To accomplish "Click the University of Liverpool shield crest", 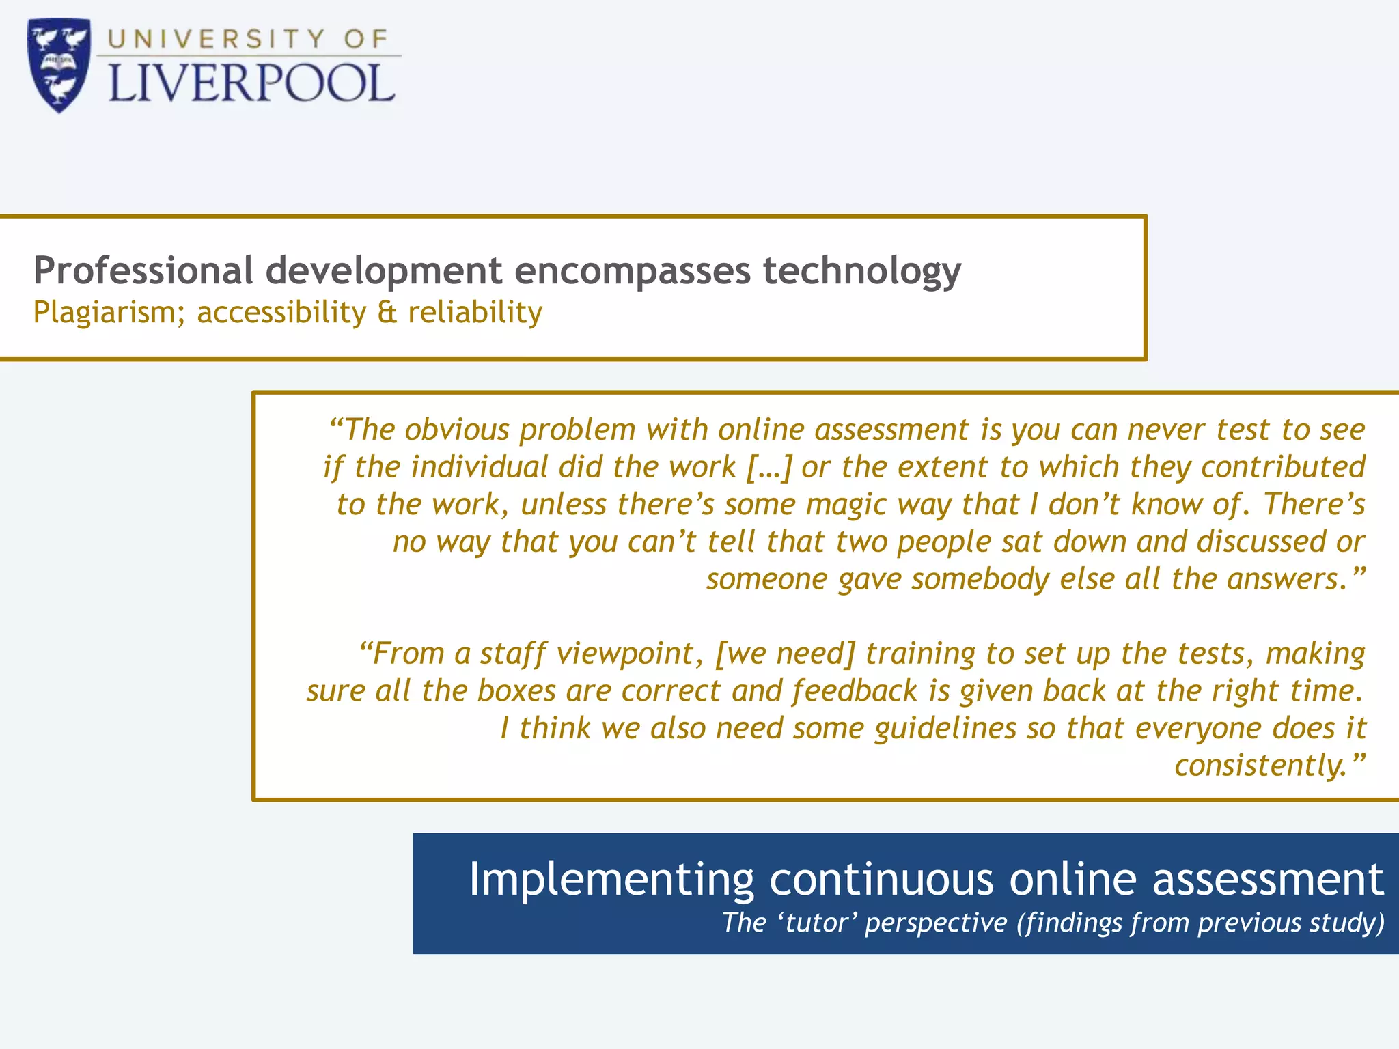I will pyautogui.click(x=59, y=65).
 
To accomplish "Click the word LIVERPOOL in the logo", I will pyautogui.click(x=251, y=84).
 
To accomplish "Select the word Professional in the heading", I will pyautogui.click(x=143, y=270).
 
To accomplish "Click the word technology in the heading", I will pyautogui.click(x=861, y=272).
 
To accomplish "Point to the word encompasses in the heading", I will pyautogui.click(x=633, y=272).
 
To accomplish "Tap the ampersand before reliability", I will pyautogui.click(x=387, y=313).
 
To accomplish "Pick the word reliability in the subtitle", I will pyautogui.click(x=475, y=313).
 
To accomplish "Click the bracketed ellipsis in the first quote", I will pyautogui.click(x=769, y=468).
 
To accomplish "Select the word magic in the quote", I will pyautogui.click(x=846, y=505).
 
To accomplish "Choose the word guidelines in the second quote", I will pyautogui.click(x=946, y=729).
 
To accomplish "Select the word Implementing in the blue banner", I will pyautogui.click(x=611, y=880).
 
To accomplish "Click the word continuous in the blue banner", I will pyautogui.click(x=881, y=880).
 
